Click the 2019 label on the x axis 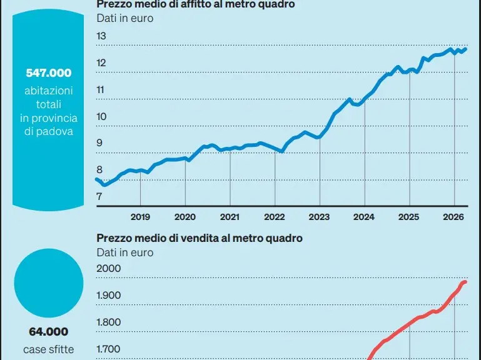[x=140, y=217]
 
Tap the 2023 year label [x=319, y=217]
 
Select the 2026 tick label [x=453, y=217]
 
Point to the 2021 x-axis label [x=230, y=217]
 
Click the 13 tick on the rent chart [x=101, y=36]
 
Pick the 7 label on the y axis [x=99, y=196]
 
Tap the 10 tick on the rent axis [x=101, y=116]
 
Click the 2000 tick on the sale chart [x=109, y=268]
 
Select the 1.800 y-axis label [x=109, y=322]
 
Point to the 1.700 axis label [x=109, y=349]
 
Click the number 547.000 [x=49, y=73]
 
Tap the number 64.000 [x=48, y=332]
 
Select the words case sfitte [x=48, y=349]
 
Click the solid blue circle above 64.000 [x=49, y=283]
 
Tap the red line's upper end [x=465, y=282]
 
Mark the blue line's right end [x=465, y=49]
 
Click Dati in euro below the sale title [x=125, y=252]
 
